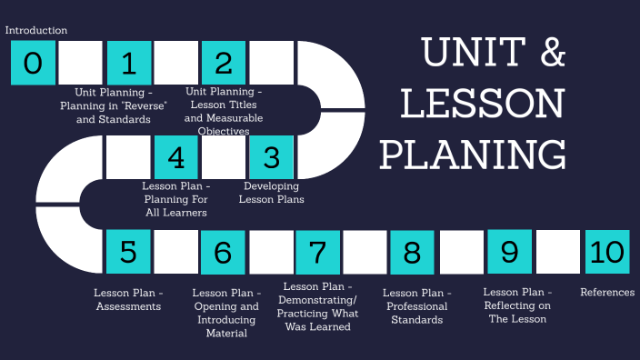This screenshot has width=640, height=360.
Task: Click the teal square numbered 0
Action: [x=33, y=63]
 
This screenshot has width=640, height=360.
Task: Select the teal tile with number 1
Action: [x=128, y=63]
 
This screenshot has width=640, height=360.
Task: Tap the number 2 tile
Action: [x=224, y=63]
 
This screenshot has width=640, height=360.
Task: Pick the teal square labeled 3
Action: [x=271, y=157]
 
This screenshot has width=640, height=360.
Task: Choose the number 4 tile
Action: [x=176, y=157]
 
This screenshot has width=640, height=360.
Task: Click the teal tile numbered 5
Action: [x=128, y=252]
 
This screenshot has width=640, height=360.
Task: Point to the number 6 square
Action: [x=224, y=252]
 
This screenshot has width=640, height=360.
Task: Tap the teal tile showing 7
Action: [x=317, y=252]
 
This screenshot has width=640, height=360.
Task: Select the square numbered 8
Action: [x=412, y=252]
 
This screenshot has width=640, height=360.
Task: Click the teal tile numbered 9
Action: [x=509, y=252]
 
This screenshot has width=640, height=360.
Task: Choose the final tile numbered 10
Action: [x=606, y=252]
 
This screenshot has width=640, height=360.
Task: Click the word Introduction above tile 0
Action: [x=36, y=31]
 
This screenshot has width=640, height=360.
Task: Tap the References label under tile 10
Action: [x=607, y=293]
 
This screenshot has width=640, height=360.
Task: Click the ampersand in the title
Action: [x=550, y=55]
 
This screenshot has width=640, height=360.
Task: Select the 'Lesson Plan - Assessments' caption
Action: [x=128, y=300]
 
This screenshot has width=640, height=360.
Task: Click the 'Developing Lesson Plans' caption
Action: [x=273, y=193]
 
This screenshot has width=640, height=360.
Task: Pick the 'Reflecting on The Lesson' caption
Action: [x=516, y=306]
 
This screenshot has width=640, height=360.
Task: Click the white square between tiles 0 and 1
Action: [x=80, y=63]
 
